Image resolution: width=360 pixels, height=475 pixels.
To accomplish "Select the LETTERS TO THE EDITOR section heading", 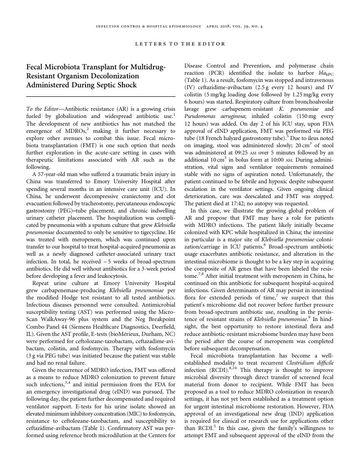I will point(180,44).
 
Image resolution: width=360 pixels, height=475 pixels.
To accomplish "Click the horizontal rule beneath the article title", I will point(101,96).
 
